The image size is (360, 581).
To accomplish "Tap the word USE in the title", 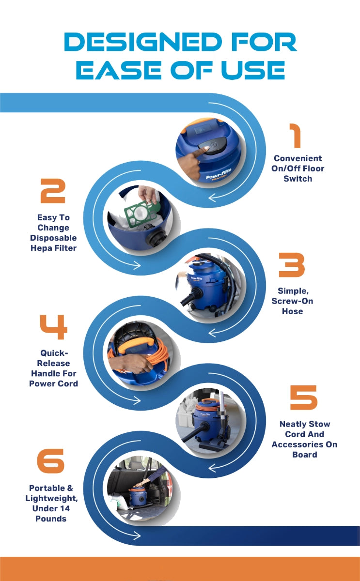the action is pos(253,70).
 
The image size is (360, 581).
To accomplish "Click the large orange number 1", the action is pos(296,136).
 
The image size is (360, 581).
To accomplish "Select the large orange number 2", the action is pos(53,191).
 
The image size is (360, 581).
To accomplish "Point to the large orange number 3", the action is pos(292,265).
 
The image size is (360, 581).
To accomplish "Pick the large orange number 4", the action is pos(53,327).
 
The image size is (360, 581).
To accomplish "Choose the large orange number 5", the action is pos(304,398).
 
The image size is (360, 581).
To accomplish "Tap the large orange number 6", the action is pos(50,460).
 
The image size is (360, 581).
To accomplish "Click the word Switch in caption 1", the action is pos(297,179).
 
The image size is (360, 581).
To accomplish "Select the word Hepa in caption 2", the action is pos(39,248).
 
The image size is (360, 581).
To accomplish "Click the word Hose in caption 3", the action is pos(293,311).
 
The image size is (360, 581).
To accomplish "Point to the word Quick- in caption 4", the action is pos(54,353).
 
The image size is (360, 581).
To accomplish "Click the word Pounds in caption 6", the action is pos(51,519).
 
